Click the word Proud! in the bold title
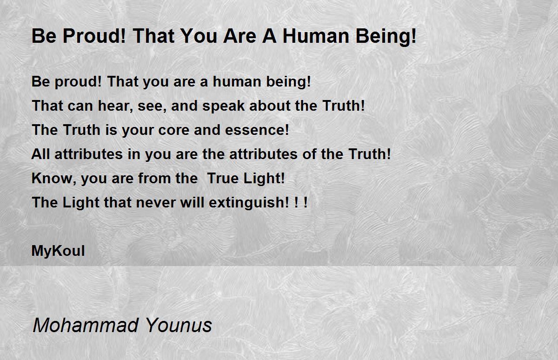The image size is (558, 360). (x=94, y=36)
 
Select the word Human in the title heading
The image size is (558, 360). (x=316, y=36)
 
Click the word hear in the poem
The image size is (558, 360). (x=116, y=106)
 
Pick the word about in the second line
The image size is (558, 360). (x=270, y=106)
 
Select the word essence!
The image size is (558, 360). (x=257, y=130)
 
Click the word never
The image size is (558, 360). (x=156, y=202)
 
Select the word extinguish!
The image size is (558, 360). (x=249, y=203)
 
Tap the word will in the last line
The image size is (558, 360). (x=193, y=202)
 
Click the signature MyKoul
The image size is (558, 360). (x=58, y=251)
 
